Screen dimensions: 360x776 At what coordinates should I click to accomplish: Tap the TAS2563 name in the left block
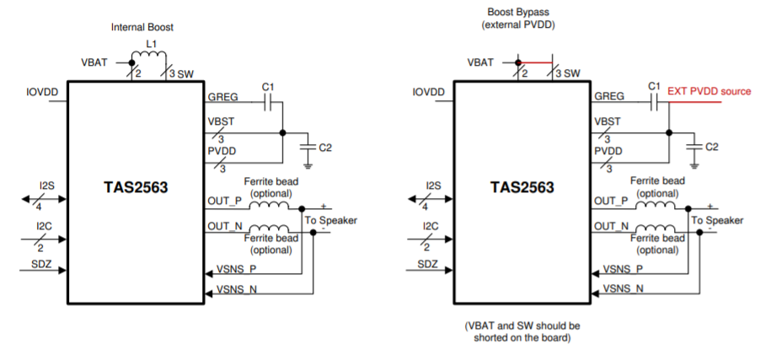[x=134, y=187]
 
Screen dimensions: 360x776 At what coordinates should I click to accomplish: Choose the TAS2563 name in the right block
[x=522, y=187]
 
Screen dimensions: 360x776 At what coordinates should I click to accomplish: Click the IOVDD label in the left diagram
[x=41, y=91]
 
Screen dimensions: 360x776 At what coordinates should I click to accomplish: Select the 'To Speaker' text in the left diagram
[x=331, y=220]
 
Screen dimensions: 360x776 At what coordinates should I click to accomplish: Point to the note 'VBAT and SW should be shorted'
[x=522, y=330]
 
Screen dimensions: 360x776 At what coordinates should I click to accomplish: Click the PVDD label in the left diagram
[x=222, y=151]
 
